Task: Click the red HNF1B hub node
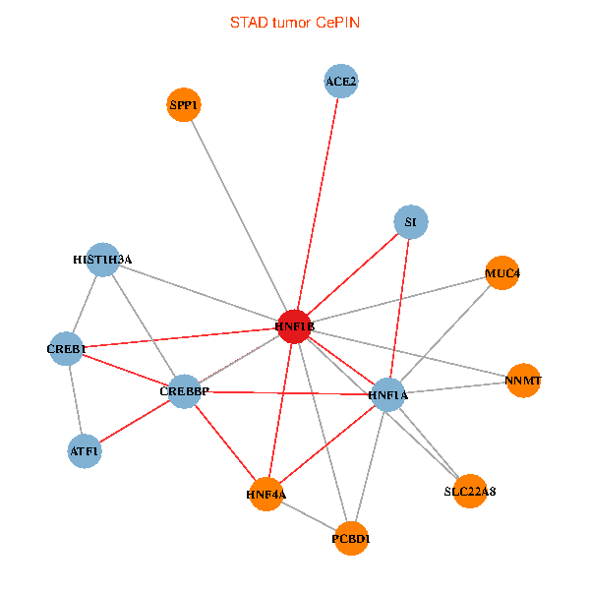pyautogui.click(x=295, y=326)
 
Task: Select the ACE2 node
pyautogui.click(x=341, y=81)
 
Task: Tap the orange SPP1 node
pyautogui.click(x=184, y=104)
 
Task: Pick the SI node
pyautogui.click(x=411, y=222)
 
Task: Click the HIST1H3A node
pyautogui.click(x=103, y=260)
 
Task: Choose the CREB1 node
pyautogui.click(x=66, y=349)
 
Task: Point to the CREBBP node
pyautogui.click(x=185, y=391)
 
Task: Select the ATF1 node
pyautogui.click(x=85, y=450)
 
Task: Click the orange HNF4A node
pyautogui.click(x=266, y=494)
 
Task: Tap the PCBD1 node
pyautogui.click(x=351, y=539)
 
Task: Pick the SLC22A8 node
pyautogui.click(x=470, y=491)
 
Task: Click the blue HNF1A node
pyautogui.click(x=388, y=394)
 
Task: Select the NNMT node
pyautogui.click(x=523, y=381)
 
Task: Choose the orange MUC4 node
pyautogui.click(x=502, y=272)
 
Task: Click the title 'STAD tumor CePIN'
pyautogui.click(x=295, y=23)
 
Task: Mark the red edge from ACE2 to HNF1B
pyautogui.click(x=318, y=204)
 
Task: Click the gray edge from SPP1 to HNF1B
pyautogui.click(x=239, y=215)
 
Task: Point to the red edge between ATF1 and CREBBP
pyautogui.click(x=135, y=421)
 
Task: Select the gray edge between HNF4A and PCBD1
pyautogui.click(x=309, y=516)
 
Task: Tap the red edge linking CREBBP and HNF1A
pyautogui.click(x=286, y=393)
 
